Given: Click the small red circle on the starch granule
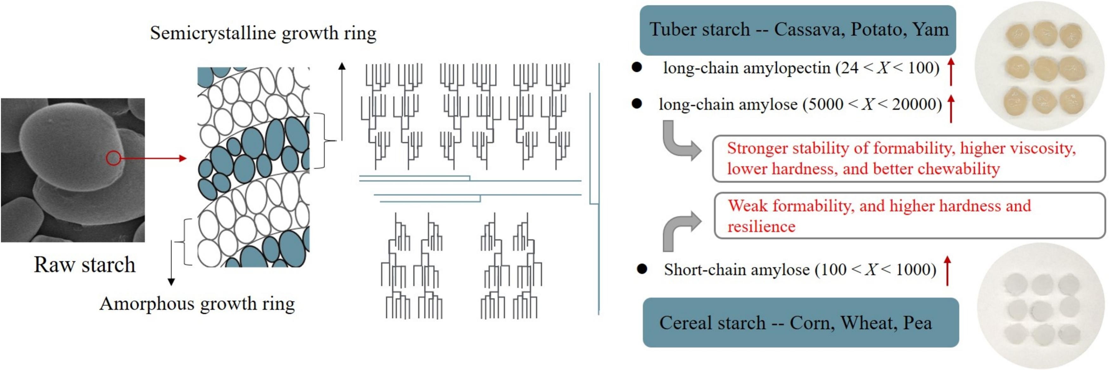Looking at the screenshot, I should tap(113, 158).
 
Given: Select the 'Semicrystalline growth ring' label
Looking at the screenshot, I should tap(263, 33).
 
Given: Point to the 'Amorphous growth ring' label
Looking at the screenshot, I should tap(197, 304).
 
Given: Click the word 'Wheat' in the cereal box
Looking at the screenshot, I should tap(867, 323).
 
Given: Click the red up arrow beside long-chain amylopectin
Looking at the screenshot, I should tap(951, 72).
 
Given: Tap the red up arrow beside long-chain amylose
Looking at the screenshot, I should tap(951, 109).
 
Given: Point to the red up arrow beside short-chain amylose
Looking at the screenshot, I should tap(947, 271).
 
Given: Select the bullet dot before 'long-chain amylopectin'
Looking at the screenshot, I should tap(637, 67).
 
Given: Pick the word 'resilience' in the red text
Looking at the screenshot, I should tap(761, 226).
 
